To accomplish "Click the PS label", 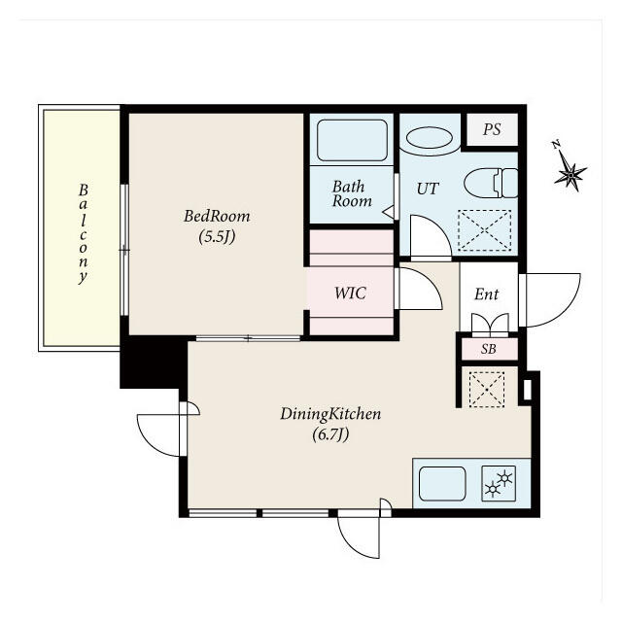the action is [x=492, y=129].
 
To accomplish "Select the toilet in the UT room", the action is [x=491, y=183].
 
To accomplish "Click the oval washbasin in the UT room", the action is [x=430, y=138].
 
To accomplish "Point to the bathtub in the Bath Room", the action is [x=352, y=140].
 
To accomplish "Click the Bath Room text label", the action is [x=352, y=193].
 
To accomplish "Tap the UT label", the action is [x=428, y=189].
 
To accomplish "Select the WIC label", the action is [x=350, y=293].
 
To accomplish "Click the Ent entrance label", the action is [x=486, y=294].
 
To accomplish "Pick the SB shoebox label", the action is [x=488, y=349].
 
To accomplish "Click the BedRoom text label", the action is [x=217, y=216].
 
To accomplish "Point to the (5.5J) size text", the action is [x=217, y=237].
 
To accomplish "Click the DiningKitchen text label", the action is [x=330, y=414].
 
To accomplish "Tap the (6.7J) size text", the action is [x=330, y=434].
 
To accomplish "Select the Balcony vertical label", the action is [x=83, y=233].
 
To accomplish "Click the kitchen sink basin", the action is [x=442, y=484].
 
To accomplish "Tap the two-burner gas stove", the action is [x=499, y=484].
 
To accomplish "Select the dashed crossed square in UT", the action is [x=484, y=230].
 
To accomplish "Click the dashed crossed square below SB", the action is [x=487, y=390].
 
